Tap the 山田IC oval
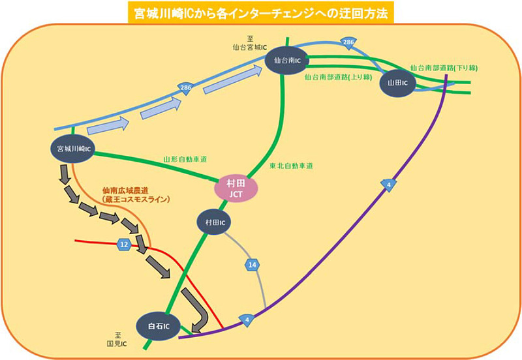point(397,83)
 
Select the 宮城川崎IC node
point(73,149)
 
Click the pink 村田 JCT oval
point(236,189)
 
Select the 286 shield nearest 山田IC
point(348,44)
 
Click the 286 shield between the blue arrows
point(187,88)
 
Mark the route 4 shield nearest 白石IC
point(248,320)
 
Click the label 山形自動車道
point(185,159)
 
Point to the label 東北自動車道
point(291,166)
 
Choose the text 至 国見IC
point(117,338)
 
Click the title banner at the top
point(260,12)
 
